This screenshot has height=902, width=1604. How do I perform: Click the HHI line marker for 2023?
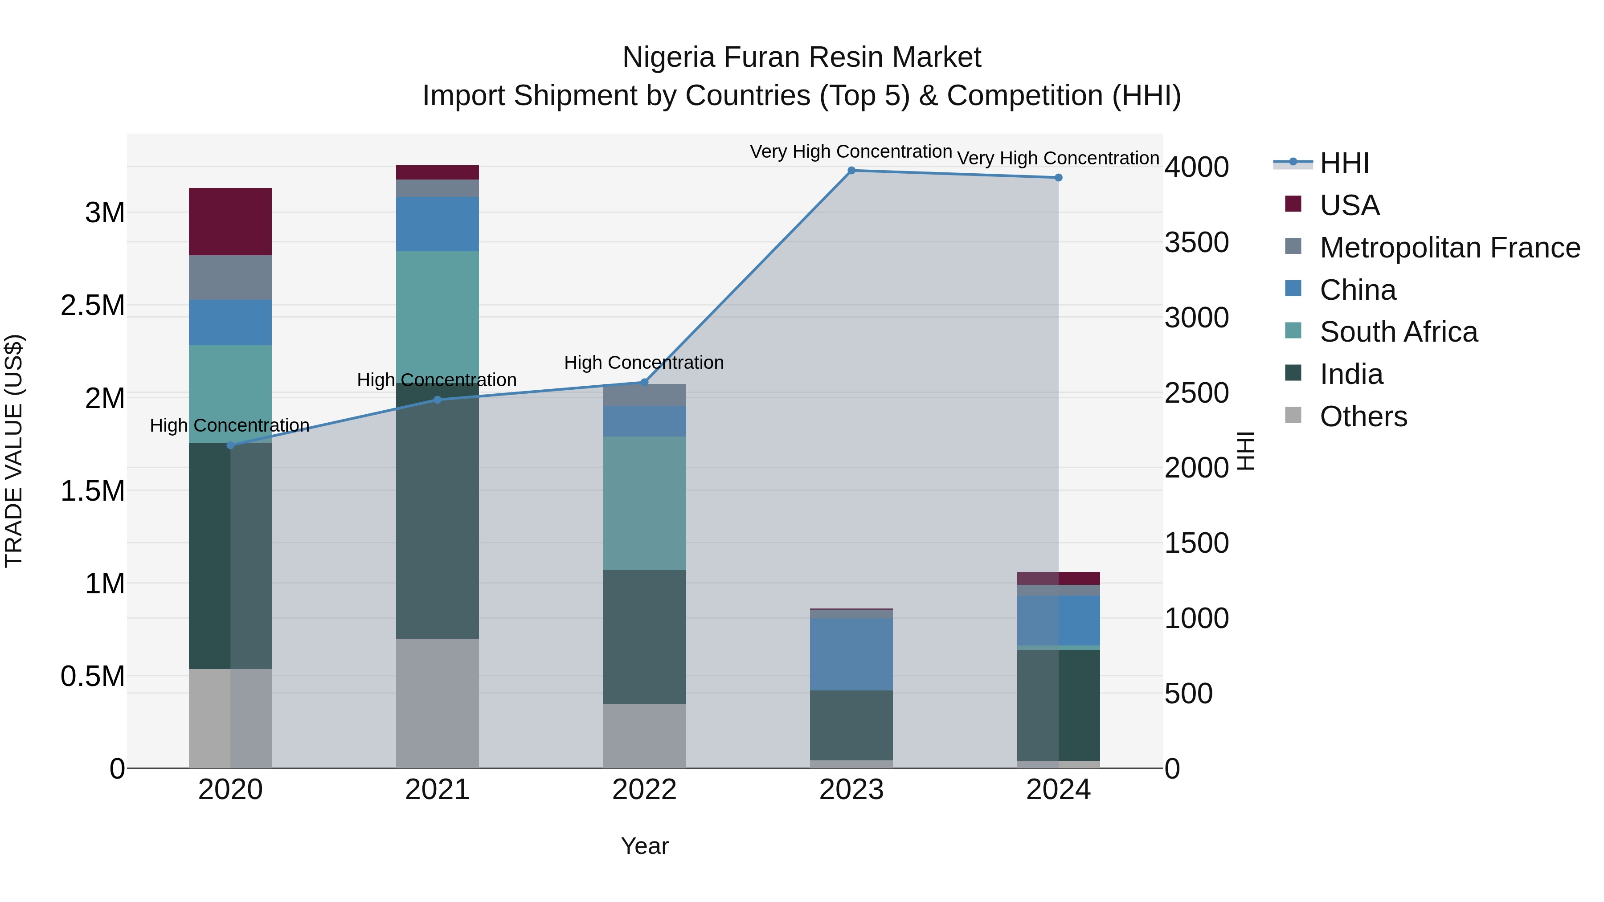tap(851, 171)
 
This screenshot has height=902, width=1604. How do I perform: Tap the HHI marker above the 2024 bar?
tap(1058, 178)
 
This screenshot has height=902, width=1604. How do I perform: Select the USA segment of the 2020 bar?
tap(230, 222)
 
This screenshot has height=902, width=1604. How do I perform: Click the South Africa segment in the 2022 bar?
tap(644, 503)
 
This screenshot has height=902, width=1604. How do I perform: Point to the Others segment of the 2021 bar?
tap(437, 703)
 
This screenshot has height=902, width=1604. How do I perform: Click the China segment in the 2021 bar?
tap(437, 224)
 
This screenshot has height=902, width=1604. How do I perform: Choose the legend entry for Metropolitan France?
tap(1449, 248)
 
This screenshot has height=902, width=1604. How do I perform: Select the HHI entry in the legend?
tap(1344, 163)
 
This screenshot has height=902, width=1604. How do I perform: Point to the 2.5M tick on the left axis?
tap(93, 306)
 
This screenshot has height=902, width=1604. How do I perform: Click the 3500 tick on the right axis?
tap(1196, 243)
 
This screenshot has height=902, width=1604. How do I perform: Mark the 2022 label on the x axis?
tap(644, 790)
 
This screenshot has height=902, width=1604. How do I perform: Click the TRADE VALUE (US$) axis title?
tap(14, 451)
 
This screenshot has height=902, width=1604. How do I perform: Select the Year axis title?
tap(644, 846)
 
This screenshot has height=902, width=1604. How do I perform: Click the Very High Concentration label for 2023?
tap(851, 151)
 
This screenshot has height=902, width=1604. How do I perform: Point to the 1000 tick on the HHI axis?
tap(1196, 619)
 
